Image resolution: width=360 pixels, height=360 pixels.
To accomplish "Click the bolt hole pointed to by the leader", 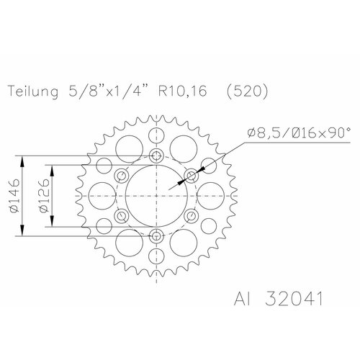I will (x=191, y=175).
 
